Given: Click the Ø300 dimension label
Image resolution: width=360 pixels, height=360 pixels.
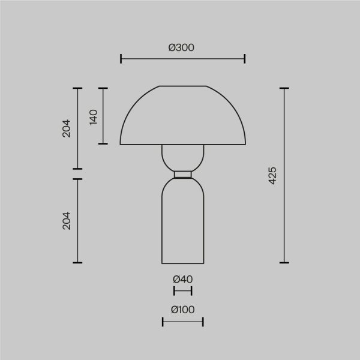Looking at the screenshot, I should pyautogui.click(x=182, y=47).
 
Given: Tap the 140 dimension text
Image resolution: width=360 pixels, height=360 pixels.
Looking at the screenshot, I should pyautogui.click(x=93, y=116).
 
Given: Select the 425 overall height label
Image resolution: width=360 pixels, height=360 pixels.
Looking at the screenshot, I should pyautogui.click(x=273, y=175).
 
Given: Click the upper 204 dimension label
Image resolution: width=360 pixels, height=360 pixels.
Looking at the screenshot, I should pyautogui.click(x=67, y=128).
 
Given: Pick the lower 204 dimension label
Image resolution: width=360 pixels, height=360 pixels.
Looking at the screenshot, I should pyautogui.click(x=67, y=220).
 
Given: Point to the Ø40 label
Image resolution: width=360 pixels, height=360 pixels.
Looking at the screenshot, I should pyautogui.click(x=182, y=279).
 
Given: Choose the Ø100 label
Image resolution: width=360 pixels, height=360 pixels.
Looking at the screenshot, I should pyautogui.click(x=182, y=310).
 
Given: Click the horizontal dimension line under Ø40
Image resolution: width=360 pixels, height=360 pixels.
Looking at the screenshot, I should pyautogui.click(x=182, y=291).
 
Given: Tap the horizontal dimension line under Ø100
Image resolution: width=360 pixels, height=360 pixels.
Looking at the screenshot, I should pyautogui.click(x=182, y=322).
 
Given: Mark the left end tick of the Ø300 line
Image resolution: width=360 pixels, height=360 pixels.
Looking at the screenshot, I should pyautogui.click(x=121, y=58).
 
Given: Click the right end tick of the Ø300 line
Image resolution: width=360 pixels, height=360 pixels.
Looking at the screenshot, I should pyautogui.click(x=245, y=58).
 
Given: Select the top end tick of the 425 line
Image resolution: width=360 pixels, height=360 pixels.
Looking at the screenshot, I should pyautogui.click(x=284, y=88).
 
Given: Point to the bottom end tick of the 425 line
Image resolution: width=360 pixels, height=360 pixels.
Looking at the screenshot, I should pyautogui.click(x=284, y=263).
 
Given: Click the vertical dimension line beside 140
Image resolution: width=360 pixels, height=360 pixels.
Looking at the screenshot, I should pyautogui.click(x=104, y=116).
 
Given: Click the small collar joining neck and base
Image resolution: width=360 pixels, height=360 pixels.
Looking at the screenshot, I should pyautogui.click(x=182, y=175).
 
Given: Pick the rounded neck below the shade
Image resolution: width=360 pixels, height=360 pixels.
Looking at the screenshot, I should pyautogui.click(x=182, y=158).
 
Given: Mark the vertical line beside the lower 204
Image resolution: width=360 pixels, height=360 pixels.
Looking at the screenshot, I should pyautogui.click(x=77, y=220).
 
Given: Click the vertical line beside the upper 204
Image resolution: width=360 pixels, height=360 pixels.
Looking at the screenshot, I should pyautogui.click(x=77, y=128).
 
